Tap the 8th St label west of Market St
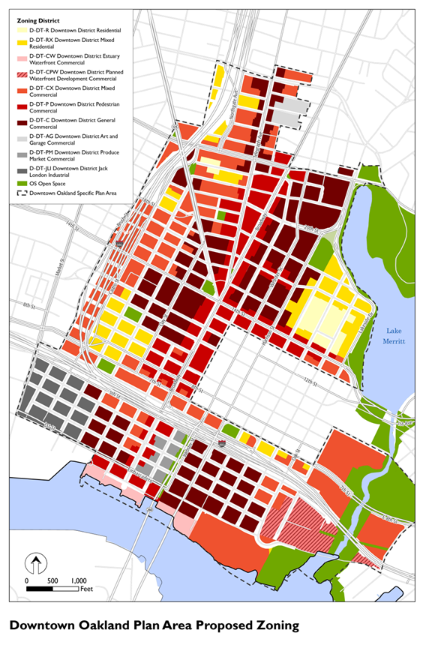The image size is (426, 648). [28, 304]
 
